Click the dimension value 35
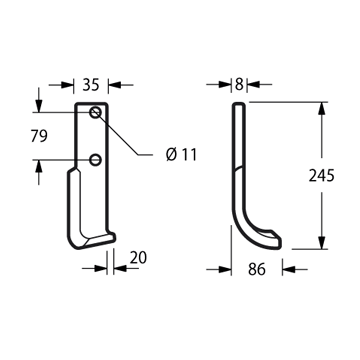pos(91,85)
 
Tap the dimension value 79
pos(39,136)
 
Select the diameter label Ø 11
pos(181,155)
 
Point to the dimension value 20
pos(138,258)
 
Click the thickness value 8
pos(239,85)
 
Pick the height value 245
pos(321,176)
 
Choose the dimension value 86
pos(257,269)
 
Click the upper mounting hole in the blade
pos(95,112)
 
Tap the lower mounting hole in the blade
pos(95,160)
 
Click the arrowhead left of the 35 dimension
pos(67,85)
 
